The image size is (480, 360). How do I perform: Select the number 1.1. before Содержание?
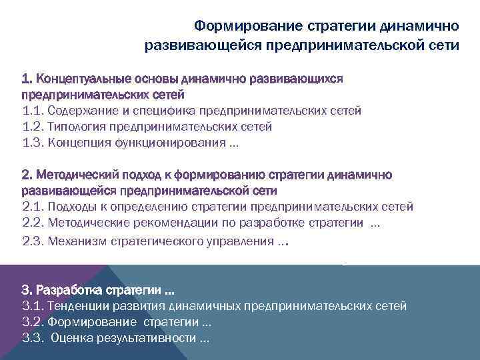point(33,111)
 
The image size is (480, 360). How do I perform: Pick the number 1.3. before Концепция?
point(33,143)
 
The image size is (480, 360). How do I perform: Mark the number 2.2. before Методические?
point(33,223)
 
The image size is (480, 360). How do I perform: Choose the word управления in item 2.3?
point(241,241)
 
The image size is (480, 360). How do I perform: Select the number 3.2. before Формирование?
point(33,323)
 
